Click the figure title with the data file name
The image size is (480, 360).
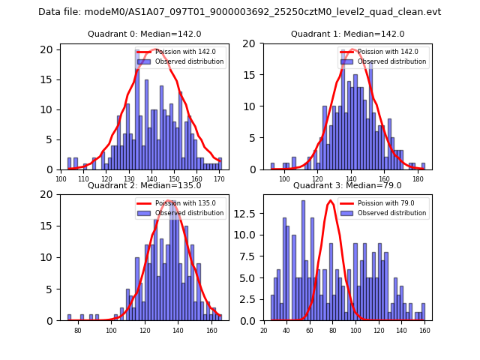240,12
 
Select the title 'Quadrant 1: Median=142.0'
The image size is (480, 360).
347,34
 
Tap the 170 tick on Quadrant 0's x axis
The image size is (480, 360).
219,178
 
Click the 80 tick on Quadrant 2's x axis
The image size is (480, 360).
77,330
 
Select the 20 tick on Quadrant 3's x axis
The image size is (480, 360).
264,330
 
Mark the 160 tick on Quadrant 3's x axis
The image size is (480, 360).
424,330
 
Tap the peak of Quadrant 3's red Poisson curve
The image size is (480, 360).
330,200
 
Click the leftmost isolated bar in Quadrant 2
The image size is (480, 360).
69,317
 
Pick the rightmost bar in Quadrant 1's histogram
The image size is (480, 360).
423,166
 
